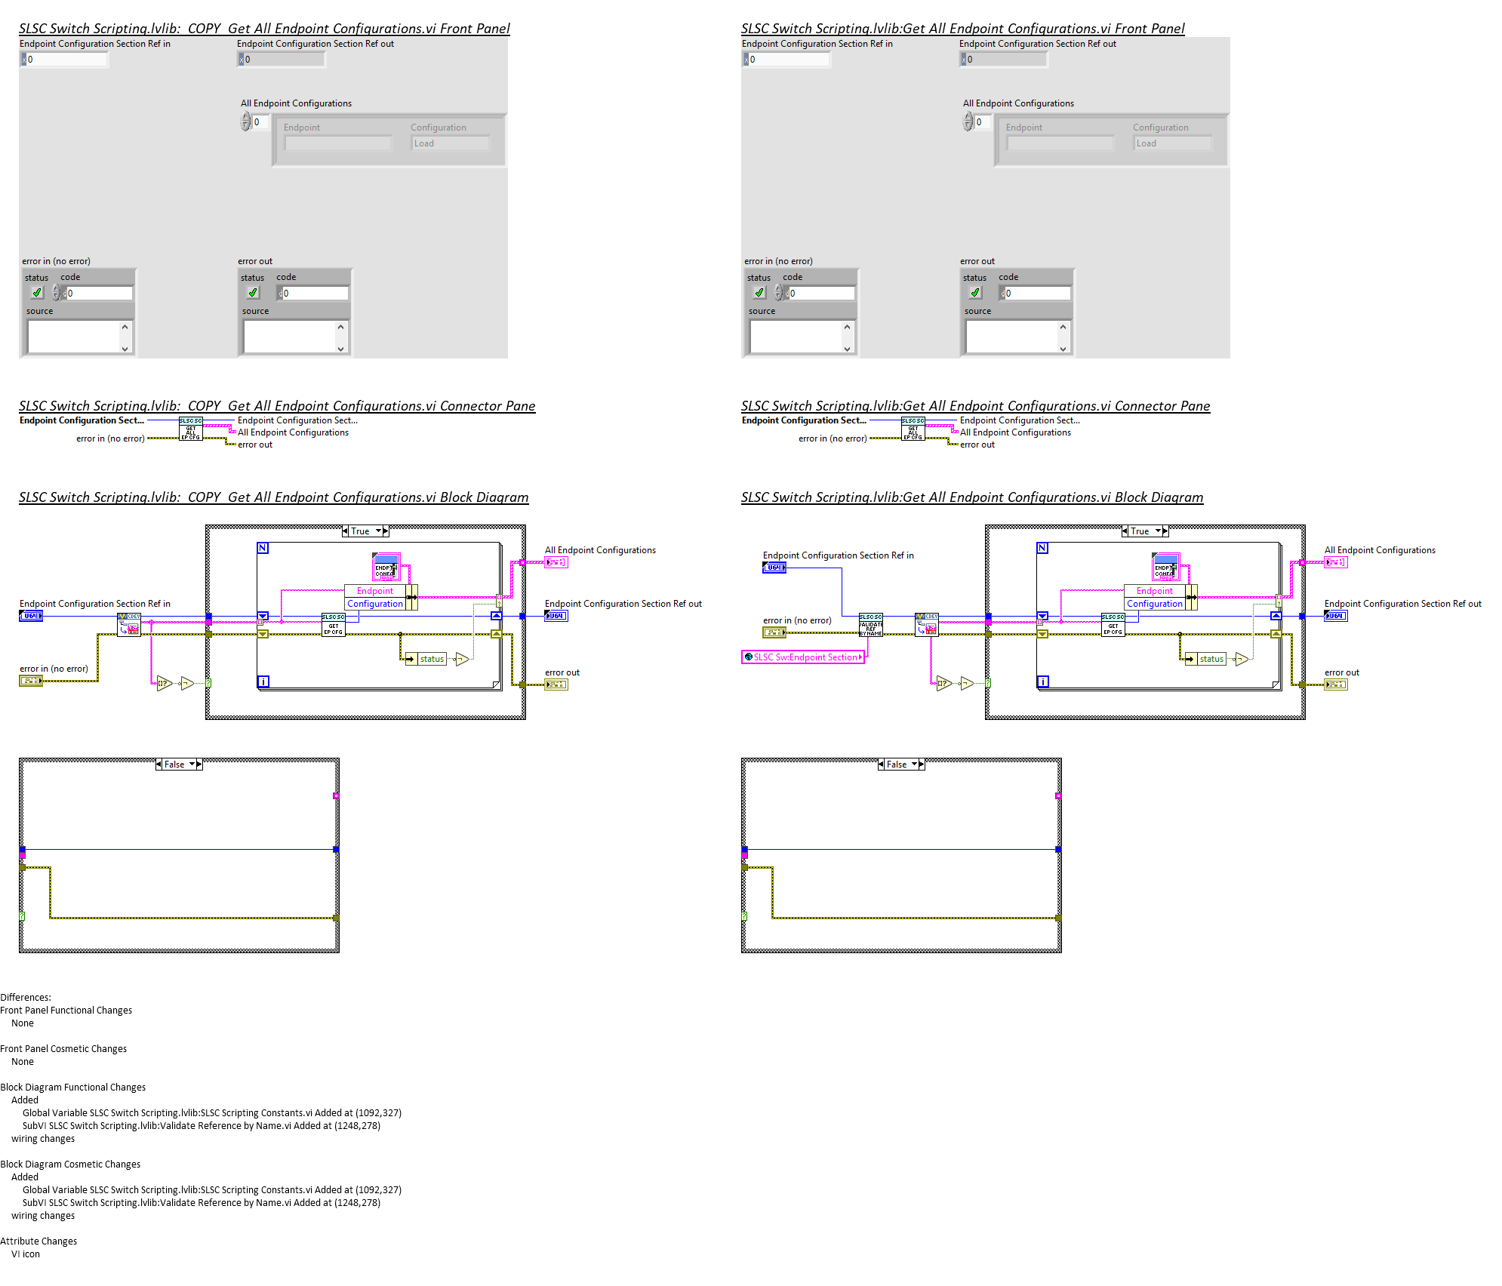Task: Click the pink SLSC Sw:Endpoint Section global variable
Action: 803,657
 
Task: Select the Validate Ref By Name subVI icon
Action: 870,625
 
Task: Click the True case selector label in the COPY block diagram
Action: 361,531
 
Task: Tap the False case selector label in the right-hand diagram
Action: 897,765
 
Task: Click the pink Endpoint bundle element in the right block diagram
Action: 1154,591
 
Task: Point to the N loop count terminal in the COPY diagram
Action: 263,548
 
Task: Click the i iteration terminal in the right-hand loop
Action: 1042,681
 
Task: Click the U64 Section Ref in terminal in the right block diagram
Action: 774,568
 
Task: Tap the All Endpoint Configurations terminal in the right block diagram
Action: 1335,562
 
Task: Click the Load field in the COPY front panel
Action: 451,143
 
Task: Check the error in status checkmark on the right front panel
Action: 759,293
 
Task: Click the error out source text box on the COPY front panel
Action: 290,337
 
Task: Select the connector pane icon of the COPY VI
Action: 190,429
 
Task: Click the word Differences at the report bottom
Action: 26,998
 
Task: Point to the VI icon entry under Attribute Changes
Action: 26,1254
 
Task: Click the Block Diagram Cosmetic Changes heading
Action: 70,1164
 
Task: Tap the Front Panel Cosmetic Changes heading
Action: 63,1049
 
